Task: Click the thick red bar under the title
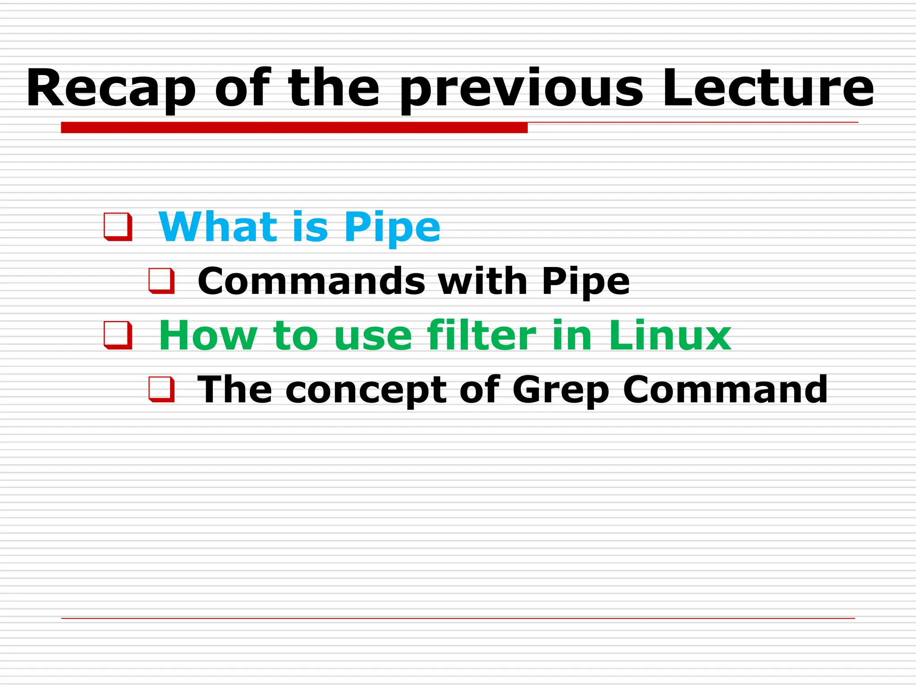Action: [294, 128]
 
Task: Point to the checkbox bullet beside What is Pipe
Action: [118, 227]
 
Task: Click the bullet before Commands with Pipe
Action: [161, 281]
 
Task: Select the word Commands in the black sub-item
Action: [311, 281]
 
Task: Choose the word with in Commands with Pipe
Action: [483, 281]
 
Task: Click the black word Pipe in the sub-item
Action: [585, 282]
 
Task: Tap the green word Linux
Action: [670, 335]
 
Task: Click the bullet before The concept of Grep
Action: [161, 390]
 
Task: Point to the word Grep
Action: [561, 390]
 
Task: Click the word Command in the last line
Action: [725, 390]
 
